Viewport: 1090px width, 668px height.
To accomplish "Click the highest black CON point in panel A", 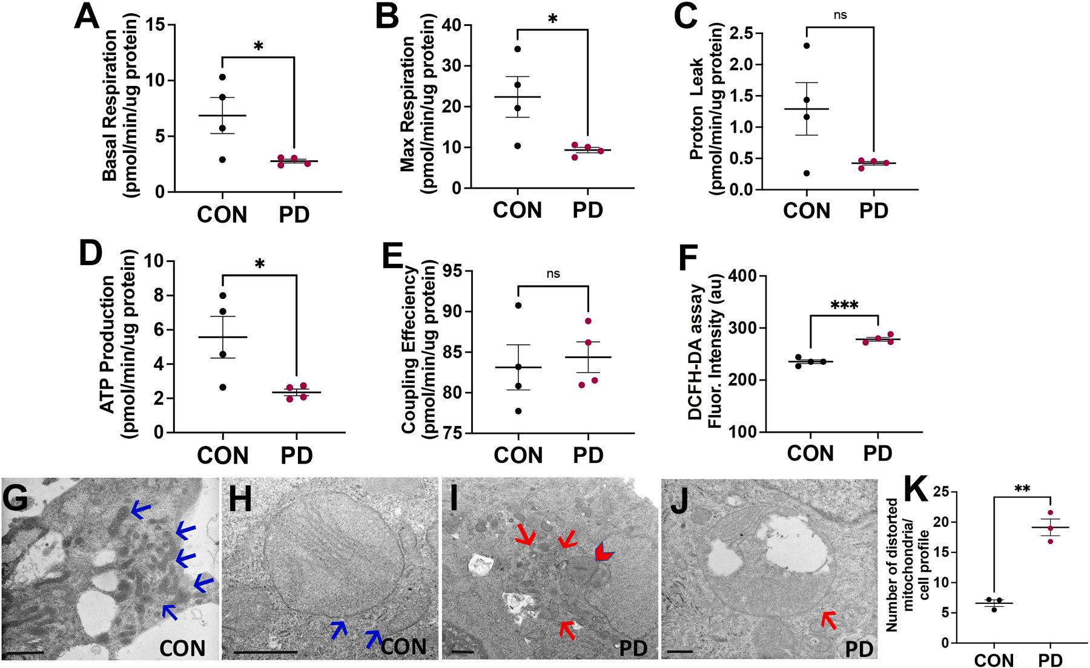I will point(223,77).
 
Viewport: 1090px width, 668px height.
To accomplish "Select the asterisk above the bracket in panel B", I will point(552,18).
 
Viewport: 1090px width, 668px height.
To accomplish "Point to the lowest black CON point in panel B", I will point(517,146).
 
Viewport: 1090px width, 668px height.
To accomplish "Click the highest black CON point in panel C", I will point(807,45).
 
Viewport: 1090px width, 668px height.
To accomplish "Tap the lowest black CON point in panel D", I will point(223,387).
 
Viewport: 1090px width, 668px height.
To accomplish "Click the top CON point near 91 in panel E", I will point(518,305).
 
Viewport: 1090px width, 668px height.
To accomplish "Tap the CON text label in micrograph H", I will point(404,646).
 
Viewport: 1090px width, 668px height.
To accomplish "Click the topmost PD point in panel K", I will point(1051,512).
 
